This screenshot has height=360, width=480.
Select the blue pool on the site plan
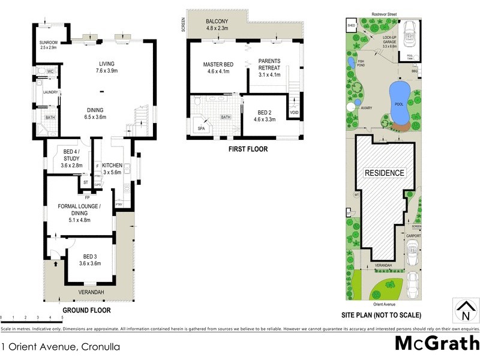click(x=399, y=97)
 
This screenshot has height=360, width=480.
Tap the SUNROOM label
click(x=47, y=43)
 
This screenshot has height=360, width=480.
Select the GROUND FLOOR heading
click(x=86, y=311)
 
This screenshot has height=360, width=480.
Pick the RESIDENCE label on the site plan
click(x=385, y=173)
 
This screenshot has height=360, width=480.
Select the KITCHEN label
click(x=112, y=169)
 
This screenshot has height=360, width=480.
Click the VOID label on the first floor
click(x=294, y=112)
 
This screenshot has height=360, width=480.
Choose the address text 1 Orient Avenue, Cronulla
click(x=60, y=347)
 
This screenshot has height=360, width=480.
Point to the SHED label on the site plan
click(x=351, y=26)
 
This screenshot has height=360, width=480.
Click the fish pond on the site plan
click(x=351, y=62)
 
